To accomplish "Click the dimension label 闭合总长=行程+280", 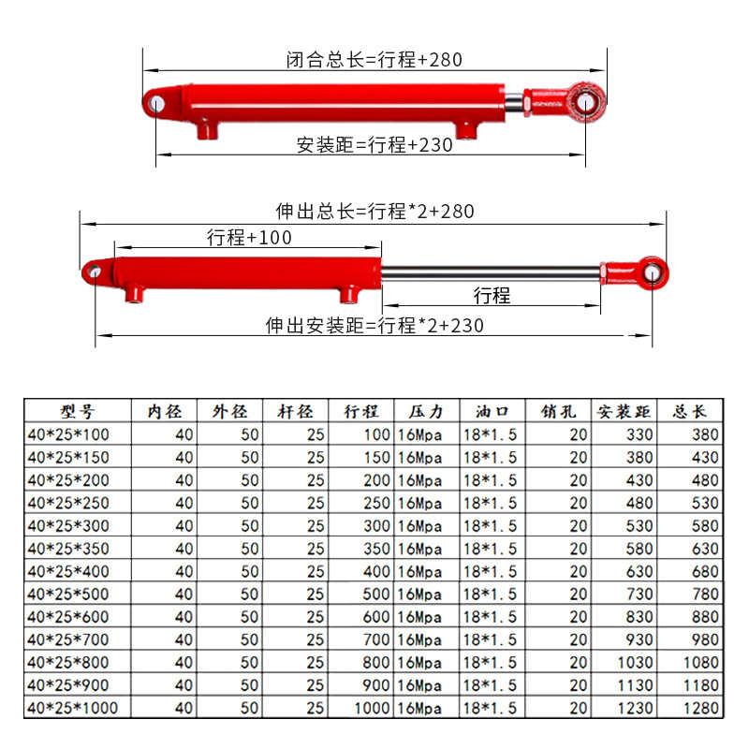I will [374, 60].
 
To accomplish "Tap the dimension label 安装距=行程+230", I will [374, 145].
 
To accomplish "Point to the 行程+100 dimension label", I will [249, 238].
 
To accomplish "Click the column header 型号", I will [78, 411].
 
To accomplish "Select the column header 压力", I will [426, 411].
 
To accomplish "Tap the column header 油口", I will [492, 411].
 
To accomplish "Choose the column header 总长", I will [690, 411].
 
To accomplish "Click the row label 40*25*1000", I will [74, 708].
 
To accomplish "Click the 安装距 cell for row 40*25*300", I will [625, 525].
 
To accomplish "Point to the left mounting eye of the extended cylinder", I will [94, 272].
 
